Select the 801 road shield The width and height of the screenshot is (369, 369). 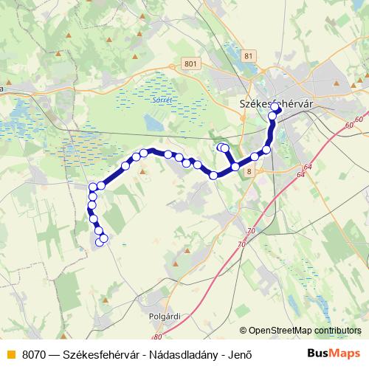pyautogui.click(x=192, y=64)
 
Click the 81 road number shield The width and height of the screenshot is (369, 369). pyautogui.click(x=248, y=56)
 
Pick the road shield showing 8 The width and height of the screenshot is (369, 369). pyautogui.click(x=249, y=171)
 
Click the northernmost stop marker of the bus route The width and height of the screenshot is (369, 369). pyautogui.click(x=275, y=107)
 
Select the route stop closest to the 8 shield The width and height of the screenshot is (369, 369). pyautogui.click(x=235, y=167)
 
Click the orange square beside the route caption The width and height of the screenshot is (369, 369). pyautogui.click(x=10, y=354)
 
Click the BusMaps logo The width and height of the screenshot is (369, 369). pyautogui.click(x=334, y=354)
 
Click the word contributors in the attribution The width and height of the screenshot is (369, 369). pyautogui.click(x=338, y=331)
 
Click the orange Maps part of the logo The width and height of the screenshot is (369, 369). pyautogui.click(x=345, y=354)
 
